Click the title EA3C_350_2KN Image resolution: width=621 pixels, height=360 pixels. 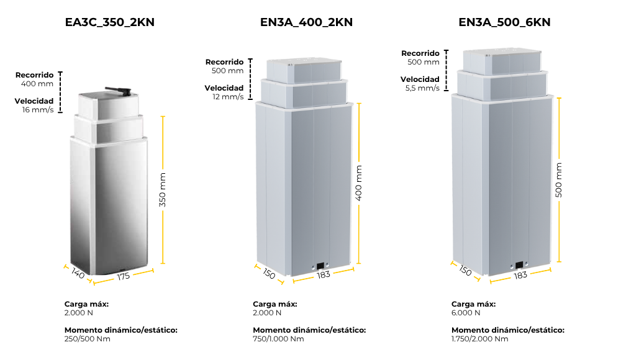point(110,22)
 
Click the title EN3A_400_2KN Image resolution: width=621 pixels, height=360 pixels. point(306,22)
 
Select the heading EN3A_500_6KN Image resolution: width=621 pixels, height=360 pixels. point(504,22)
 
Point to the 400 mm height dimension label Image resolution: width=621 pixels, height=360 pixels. point(359,183)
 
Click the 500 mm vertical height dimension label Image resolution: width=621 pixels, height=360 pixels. point(559,180)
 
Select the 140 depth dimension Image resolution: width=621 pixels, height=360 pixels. point(78,273)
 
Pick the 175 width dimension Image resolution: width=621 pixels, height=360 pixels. point(124,276)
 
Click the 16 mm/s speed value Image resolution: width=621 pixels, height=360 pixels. point(38,110)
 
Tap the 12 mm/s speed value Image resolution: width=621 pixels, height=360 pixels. point(229,97)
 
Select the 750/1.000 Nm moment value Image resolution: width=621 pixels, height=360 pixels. point(278,339)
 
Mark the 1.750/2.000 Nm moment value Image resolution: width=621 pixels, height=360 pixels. point(479,339)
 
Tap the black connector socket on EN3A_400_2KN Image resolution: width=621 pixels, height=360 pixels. point(320,268)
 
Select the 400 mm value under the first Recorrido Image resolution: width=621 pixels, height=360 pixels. point(37,84)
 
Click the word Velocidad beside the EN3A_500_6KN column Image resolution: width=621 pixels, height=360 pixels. point(420,79)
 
